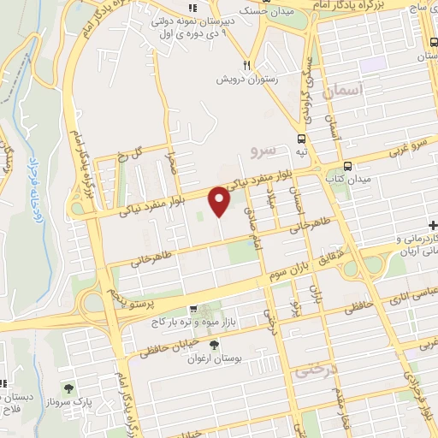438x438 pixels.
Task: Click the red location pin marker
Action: point(221,200)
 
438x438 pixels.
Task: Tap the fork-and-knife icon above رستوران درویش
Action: point(246,64)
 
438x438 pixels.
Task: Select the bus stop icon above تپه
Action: point(301,139)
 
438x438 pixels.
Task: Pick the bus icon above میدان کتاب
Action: point(346,167)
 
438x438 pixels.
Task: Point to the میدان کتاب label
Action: point(346,179)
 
